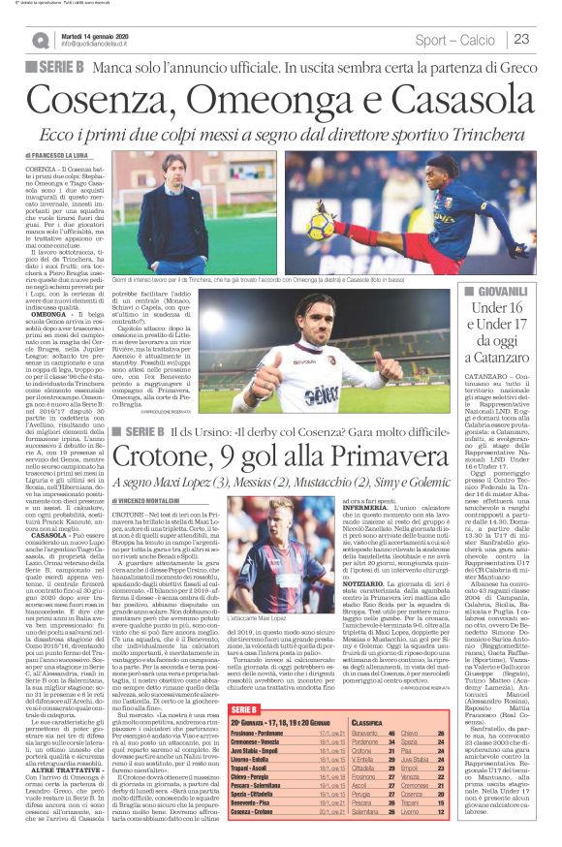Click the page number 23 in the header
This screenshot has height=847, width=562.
pos(521,39)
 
